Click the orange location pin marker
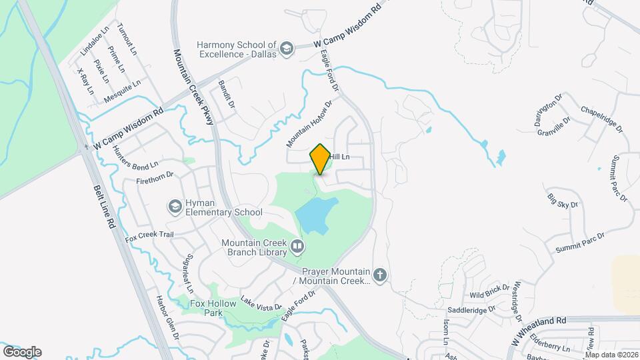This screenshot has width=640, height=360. (320, 159)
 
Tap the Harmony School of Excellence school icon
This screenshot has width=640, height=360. (287, 48)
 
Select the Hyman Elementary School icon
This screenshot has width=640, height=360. (175, 206)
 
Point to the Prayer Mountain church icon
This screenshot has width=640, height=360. (380, 275)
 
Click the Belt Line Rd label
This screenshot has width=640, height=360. (106, 207)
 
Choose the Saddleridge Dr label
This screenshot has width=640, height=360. (471, 309)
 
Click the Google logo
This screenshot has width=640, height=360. (22, 352)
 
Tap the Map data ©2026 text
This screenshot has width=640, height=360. (611, 355)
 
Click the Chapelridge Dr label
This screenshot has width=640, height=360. (601, 118)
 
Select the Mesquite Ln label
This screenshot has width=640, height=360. (123, 93)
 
